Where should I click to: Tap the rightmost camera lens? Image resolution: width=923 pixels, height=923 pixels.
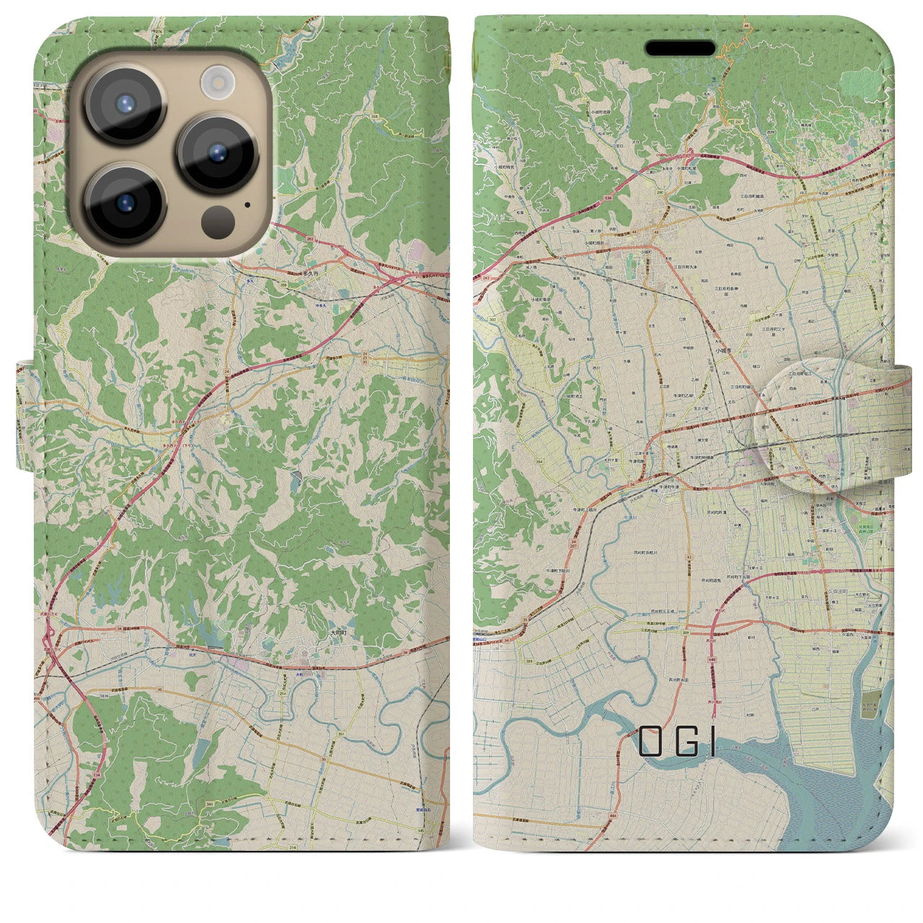217,154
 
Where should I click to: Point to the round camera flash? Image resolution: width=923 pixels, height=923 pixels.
213,81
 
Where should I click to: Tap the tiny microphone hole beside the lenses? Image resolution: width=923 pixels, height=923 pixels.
248,204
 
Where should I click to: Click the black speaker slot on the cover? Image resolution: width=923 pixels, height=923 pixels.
680,48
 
